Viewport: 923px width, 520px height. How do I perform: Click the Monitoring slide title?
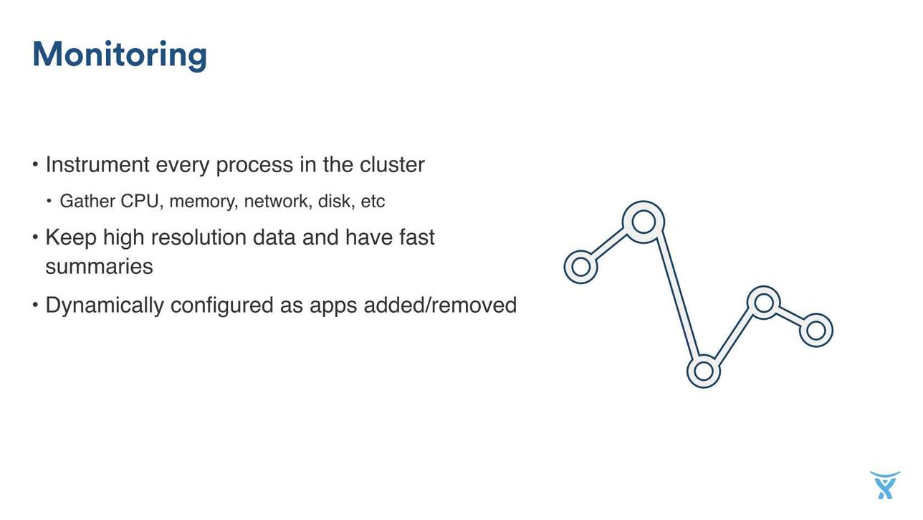pyautogui.click(x=120, y=55)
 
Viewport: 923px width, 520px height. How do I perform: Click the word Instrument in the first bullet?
pyautogui.click(x=97, y=164)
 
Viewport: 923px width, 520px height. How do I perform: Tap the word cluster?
pyautogui.click(x=392, y=164)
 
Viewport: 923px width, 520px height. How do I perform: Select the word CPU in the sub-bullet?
pyautogui.click(x=140, y=202)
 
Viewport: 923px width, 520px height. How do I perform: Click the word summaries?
pyautogui.click(x=99, y=266)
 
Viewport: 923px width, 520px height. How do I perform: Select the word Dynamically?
pyautogui.click(x=105, y=306)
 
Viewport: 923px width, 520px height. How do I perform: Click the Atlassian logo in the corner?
pyautogui.click(x=885, y=485)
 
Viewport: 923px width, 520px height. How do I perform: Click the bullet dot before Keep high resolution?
pyautogui.click(x=35, y=237)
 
